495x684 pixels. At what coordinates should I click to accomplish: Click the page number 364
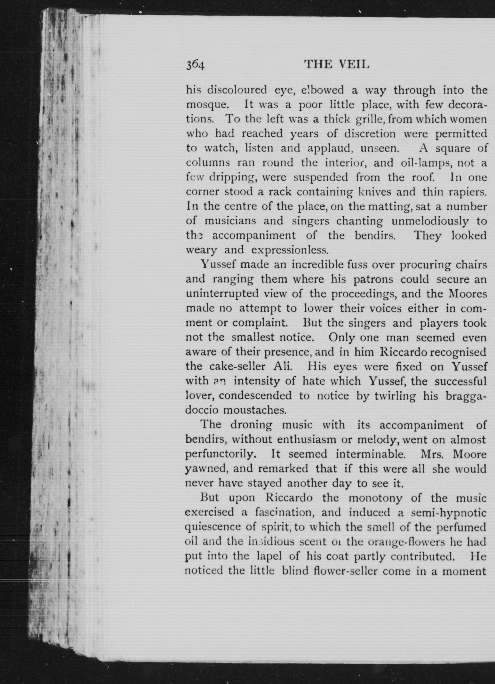click(x=195, y=65)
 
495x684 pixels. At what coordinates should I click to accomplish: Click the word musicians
click(x=230, y=221)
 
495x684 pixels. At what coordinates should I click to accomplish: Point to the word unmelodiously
click(x=430, y=222)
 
